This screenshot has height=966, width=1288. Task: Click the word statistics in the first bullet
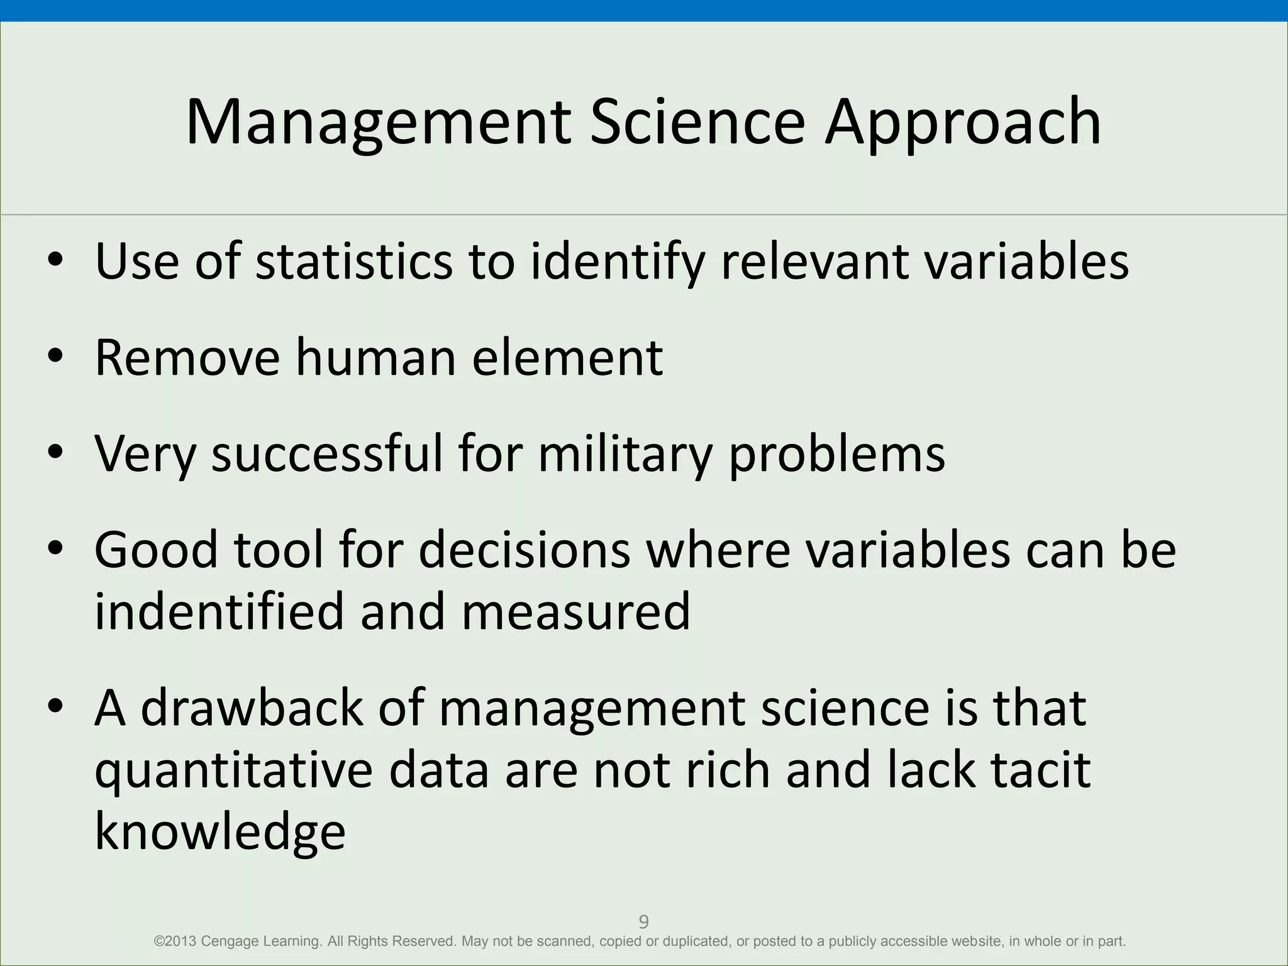click(x=353, y=261)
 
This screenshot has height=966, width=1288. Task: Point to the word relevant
click(x=814, y=261)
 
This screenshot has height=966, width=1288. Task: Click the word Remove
click(x=187, y=357)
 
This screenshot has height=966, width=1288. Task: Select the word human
click(x=375, y=357)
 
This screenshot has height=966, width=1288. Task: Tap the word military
click(x=625, y=454)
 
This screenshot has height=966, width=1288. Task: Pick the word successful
click(x=327, y=454)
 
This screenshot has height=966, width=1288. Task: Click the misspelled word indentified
click(x=219, y=611)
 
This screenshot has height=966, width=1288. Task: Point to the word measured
click(x=576, y=611)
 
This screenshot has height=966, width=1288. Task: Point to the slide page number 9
click(x=643, y=922)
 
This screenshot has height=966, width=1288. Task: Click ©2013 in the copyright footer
click(x=175, y=941)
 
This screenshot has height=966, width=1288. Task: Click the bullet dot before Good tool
click(x=55, y=548)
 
